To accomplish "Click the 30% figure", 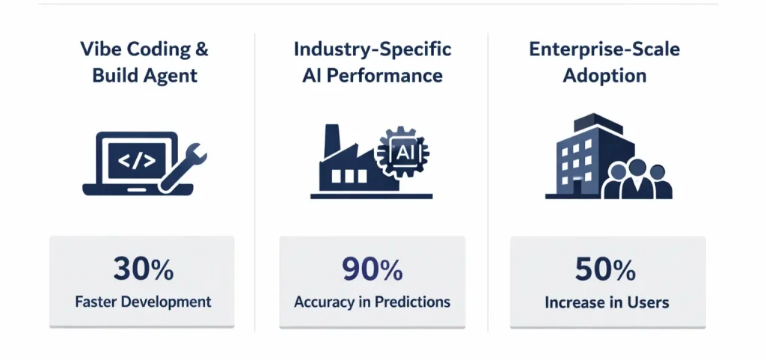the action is tap(143, 269).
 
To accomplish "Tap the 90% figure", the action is tap(373, 269).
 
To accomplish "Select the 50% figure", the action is tap(605, 269).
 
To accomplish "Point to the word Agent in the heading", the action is tap(174, 76).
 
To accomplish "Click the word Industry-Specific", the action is tap(373, 50).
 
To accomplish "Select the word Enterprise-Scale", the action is tap(604, 49).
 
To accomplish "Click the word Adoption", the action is tap(604, 76).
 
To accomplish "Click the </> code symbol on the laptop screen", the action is tap(138, 161).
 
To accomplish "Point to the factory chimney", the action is tap(331, 141).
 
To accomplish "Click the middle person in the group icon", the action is tap(637, 179).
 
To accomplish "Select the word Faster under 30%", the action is tap(96, 302).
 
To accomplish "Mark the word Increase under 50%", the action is tap(577, 302).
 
